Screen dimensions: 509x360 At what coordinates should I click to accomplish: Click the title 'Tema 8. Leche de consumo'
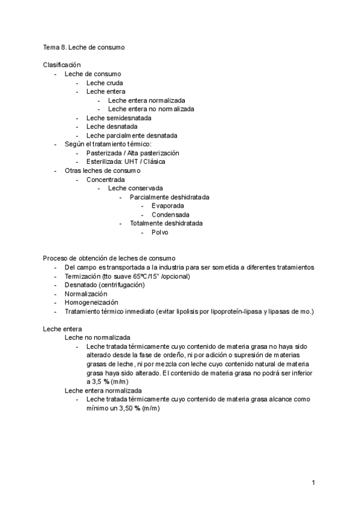(x=83, y=46)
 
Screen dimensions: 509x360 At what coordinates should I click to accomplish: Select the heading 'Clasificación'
(x=62, y=64)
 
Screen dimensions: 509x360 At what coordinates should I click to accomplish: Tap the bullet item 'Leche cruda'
(x=105, y=82)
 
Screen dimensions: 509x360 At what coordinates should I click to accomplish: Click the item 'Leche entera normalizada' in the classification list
(x=146, y=100)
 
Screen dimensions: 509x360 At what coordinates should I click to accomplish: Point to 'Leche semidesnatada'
(x=119, y=118)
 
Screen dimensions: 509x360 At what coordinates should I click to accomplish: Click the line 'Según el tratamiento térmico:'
(x=109, y=144)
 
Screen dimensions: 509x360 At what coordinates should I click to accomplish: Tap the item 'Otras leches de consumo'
(x=102, y=170)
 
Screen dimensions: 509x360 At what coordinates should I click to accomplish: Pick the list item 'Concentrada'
(x=106, y=179)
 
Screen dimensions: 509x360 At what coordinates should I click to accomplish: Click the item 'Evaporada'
(x=167, y=206)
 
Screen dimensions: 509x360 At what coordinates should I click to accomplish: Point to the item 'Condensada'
(x=170, y=214)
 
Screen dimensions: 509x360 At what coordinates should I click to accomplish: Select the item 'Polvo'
(x=160, y=232)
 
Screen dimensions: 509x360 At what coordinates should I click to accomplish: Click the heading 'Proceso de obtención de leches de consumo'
(x=109, y=258)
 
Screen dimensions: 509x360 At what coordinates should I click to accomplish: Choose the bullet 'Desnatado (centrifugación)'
(x=105, y=285)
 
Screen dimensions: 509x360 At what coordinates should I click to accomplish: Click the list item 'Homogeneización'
(x=91, y=303)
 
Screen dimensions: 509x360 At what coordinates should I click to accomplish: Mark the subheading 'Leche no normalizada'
(x=97, y=338)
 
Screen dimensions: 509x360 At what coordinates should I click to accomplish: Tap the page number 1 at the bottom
(x=313, y=482)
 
